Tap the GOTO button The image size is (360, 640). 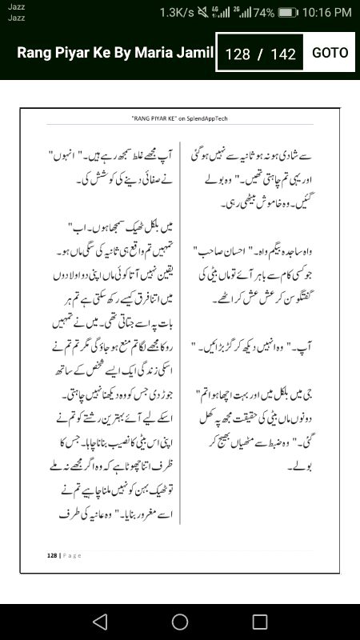tap(330, 53)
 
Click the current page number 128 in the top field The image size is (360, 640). tap(238, 54)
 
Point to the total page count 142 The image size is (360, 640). tap(283, 54)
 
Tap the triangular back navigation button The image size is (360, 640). tap(99, 622)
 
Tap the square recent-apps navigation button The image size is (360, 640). tap(260, 622)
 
